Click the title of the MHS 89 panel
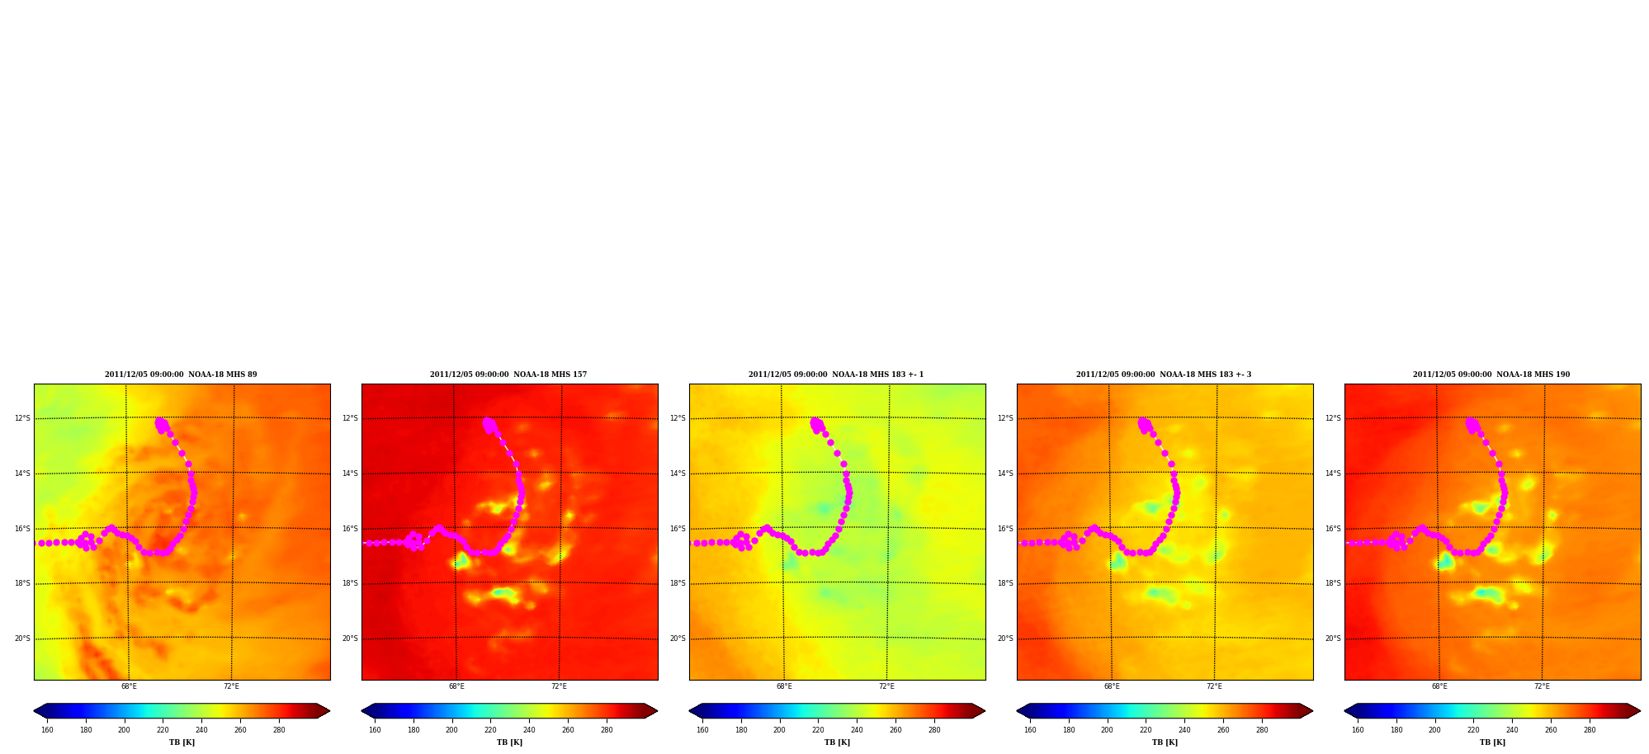point(181,375)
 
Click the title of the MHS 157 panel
point(508,375)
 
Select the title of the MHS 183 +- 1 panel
point(836,375)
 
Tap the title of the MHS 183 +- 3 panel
point(1164,375)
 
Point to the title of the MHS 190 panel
point(1491,375)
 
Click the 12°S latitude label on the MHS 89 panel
point(22,418)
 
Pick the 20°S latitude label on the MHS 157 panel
point(350,639)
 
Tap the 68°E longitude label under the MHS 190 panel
point(1439,686)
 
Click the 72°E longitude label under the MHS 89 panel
point(231,686)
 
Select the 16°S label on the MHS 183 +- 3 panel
point(1005,529)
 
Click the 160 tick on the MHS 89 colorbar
point(47,729)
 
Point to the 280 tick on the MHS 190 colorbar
point(1590,729)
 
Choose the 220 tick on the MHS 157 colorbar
point(490,729)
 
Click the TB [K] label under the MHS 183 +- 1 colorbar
point(837,742)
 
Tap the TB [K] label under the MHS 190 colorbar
point(1492,742)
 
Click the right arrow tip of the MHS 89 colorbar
point(330,711)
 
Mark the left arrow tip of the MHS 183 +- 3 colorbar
point(1017,711)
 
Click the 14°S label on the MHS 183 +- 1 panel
point(678,474)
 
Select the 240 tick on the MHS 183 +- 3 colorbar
point(1184,729)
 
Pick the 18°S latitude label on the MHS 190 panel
point(1333,583)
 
